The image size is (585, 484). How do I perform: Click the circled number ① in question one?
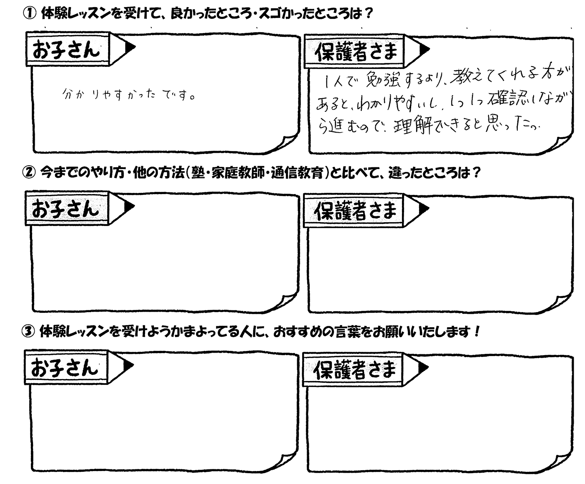pyautogui.click(x=30, y=14)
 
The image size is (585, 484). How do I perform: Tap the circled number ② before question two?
pyautogui.click(x=29, y=172)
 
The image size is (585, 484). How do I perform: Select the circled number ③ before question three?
pyautogui.click(x=28, y=332)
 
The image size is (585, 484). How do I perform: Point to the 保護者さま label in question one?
pyautogui.click(x=356, y=52)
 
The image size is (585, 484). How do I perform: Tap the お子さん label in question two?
pyautogui.click(x=66, y=209)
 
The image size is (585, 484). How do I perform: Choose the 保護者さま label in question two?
pyautogui.click(x=355, y=211)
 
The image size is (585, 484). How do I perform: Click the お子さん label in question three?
pyautogui.click(x=65, y=368)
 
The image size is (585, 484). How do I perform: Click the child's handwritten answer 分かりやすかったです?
pyautogui.click(x=128, y=95)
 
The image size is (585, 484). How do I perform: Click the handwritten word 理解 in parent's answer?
pyautogui.click(x=413, y=127)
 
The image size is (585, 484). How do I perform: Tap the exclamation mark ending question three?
pyautogui.click(x=476, y=332)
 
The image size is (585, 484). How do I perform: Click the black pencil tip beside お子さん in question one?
pyautogui.click(x=130, y=47)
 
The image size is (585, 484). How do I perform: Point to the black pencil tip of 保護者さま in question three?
pyautogui.click(x=422, y=367)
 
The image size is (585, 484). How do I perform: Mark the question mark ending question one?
pyautogui.click(x=369, y=13)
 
